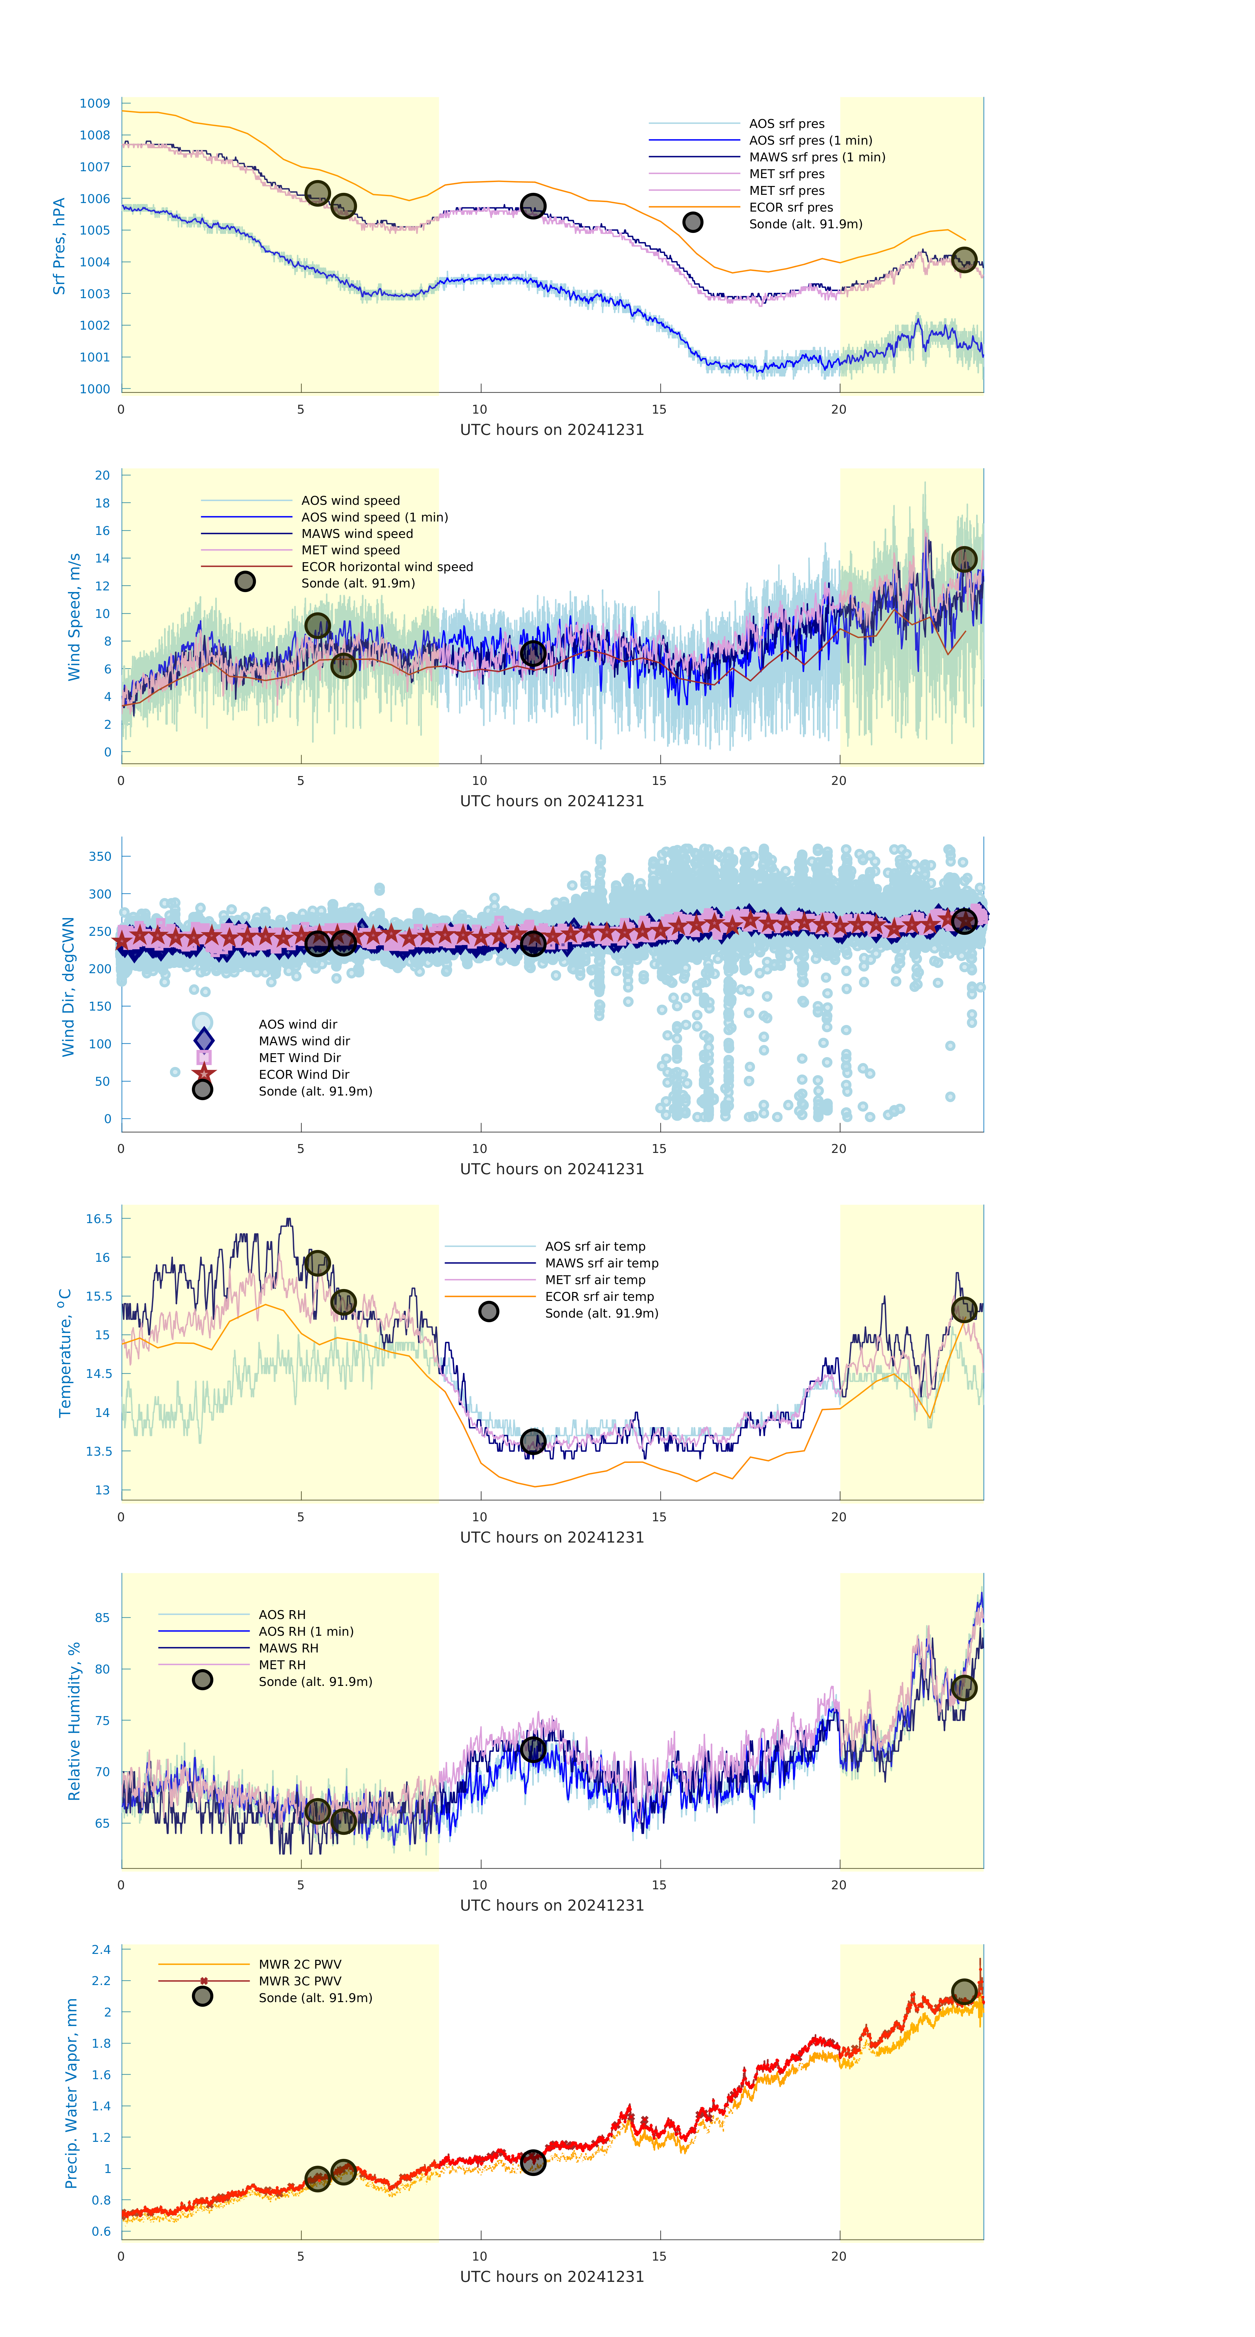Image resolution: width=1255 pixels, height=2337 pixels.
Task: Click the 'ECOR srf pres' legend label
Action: [790, 207]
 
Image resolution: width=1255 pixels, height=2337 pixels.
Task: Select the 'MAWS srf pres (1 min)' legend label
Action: [817, 157]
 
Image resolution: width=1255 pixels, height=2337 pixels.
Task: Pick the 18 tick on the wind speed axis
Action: [103, 502]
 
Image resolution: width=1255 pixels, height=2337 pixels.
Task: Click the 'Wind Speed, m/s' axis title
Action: [74, 617]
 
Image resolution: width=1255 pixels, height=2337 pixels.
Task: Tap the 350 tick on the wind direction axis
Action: [100, 856]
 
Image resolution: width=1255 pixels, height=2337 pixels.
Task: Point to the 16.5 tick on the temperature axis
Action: [99, 1219]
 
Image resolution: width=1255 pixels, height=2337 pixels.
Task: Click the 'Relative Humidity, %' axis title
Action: [74, 1721]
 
